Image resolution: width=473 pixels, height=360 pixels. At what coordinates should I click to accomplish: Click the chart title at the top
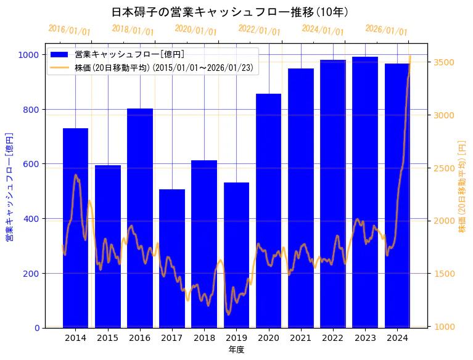231,12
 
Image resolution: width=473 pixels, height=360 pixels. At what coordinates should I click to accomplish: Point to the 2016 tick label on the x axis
140,338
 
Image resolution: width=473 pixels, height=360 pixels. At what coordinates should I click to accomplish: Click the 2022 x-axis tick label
333,338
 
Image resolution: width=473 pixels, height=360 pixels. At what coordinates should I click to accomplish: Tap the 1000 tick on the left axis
30,55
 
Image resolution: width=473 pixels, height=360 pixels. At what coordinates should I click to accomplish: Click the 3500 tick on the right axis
444,62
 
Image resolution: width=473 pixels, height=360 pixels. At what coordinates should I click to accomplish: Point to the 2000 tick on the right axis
444,221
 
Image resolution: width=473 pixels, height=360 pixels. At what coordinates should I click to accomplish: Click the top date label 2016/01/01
70,30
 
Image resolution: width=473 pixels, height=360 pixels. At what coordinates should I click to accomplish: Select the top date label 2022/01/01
259,30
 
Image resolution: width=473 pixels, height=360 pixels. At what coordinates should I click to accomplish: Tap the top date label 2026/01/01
386,30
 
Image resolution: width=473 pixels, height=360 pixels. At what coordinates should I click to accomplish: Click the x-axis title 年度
236,350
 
